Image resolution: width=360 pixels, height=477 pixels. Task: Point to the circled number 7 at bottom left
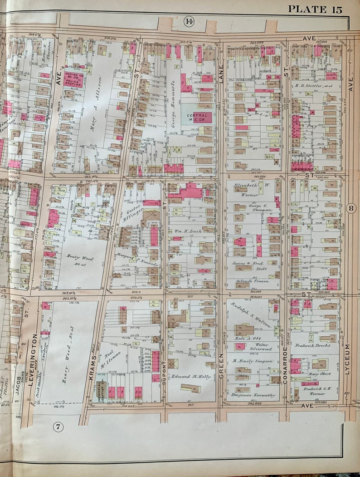click(x=58, y=426)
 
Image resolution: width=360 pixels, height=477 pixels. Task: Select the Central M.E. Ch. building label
click(x=197, y=118)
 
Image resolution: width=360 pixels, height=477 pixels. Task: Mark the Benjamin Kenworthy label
click(x=253, y=395)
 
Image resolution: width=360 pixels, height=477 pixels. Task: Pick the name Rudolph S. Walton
click(x=250, y=315)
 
